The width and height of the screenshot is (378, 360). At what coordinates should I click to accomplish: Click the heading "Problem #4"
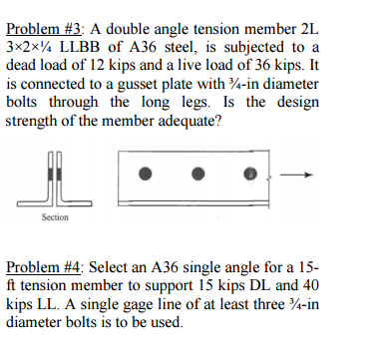[x=43, y=268]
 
